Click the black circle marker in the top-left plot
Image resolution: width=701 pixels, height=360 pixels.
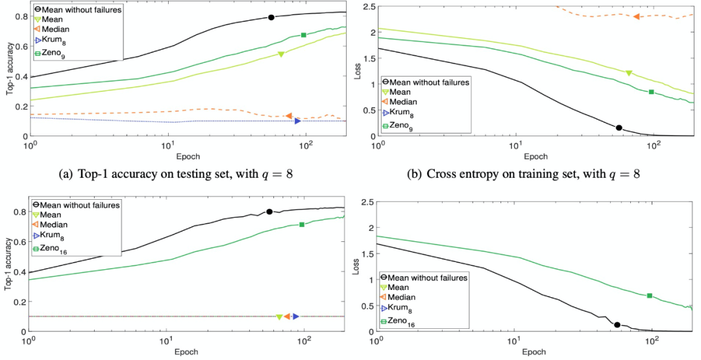point(271,18)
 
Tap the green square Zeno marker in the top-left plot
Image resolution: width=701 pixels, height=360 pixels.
point(304,35)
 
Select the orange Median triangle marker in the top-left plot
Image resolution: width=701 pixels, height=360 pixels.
point(289,115)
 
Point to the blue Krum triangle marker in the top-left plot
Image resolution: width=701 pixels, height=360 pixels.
point(298,121)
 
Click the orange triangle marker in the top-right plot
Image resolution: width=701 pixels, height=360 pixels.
point(637,16)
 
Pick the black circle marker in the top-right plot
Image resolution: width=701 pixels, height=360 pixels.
point(619,128)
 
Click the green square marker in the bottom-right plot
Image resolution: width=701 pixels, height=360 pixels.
point(650,296)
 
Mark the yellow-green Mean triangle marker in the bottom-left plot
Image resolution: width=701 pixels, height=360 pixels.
point(279,317)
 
